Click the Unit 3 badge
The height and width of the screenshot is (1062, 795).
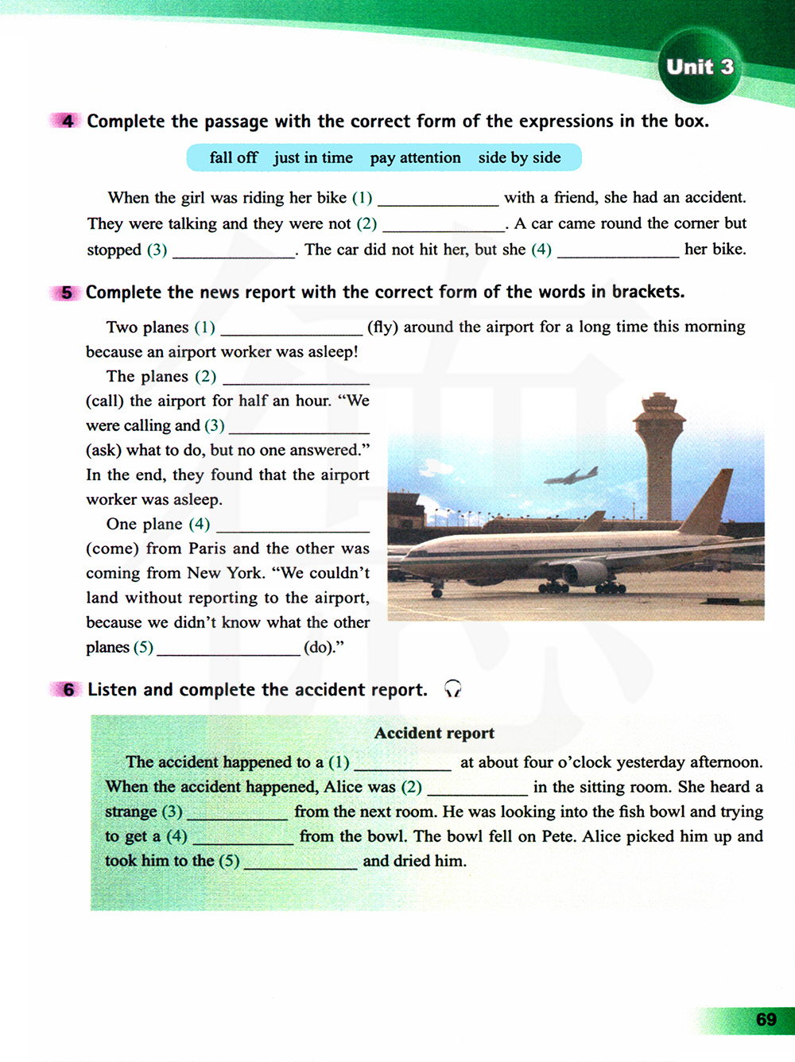[700, 67]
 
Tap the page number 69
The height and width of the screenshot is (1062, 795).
[766, 1019]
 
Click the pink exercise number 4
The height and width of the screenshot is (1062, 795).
[67, 121]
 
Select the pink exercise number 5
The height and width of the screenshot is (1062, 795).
[67, 293]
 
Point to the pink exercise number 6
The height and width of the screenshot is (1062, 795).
[68, 690]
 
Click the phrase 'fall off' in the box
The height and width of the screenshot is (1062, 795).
[233, 157]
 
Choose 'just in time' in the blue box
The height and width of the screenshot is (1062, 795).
[313, 157]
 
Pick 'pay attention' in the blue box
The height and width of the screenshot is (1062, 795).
[415, 157]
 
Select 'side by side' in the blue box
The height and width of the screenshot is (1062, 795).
[519, 157]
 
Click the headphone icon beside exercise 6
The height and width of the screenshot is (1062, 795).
[452, 688]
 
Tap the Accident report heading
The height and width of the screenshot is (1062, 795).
[434, 733]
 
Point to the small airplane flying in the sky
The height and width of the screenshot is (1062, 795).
[570, 476]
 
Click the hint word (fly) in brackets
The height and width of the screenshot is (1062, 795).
[382, 327]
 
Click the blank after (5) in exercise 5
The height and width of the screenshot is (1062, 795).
[228, 648]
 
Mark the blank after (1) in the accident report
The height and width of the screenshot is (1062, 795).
[402, 763]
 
